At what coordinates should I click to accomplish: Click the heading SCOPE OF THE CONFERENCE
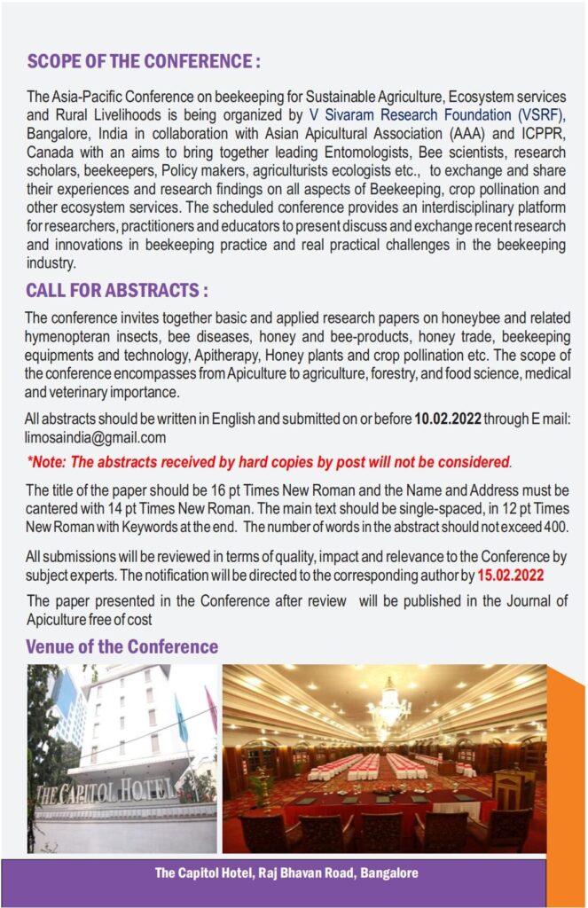pyautogui.click(x=144, y=62)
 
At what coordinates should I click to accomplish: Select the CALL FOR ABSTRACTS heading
pyautogui.click(x=117, y=291)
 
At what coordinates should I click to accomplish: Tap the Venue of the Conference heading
pyautogui.click(x=122, y=646)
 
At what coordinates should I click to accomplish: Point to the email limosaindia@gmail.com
pyautogui.click(x=97, y=437)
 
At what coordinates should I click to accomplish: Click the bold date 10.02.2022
pyautogui.click(x=448, y=420)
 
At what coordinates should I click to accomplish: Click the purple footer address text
pyautogui.click(x=286, y=873)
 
